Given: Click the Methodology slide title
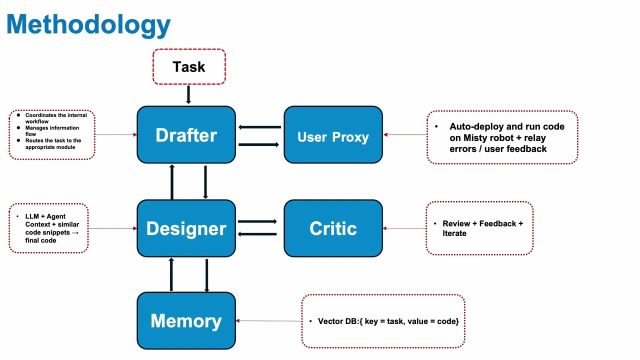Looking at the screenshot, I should pos(89,24).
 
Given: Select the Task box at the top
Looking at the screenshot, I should pos(189,67).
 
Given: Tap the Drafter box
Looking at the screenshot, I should pos(186,135).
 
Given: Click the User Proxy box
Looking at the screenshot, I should pos(333,137).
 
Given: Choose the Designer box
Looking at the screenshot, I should pos(186,228).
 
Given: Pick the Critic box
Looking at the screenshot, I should pos(333,228).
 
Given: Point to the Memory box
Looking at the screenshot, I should pos(186,321).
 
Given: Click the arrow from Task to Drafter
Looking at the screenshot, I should pos(188,94).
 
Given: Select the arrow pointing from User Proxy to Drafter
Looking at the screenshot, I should pos(259,127).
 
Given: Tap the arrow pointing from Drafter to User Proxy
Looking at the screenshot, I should pos(259,144).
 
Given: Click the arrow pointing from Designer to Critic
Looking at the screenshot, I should pos(257,221).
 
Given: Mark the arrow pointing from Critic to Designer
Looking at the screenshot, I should pos(257,233).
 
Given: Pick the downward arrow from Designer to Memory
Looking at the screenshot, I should pos(206,274).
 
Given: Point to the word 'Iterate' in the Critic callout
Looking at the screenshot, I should pos(454,233).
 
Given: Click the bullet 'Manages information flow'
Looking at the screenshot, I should pos(52,131).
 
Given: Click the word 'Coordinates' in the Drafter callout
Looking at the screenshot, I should pos(41,115).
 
